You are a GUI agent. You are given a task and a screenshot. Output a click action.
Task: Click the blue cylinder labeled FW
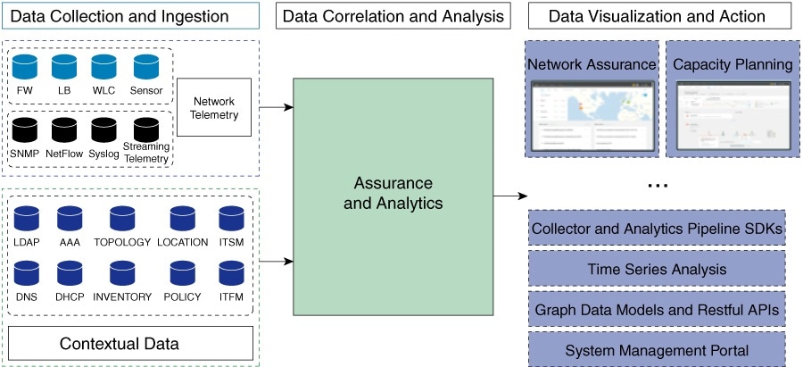25,68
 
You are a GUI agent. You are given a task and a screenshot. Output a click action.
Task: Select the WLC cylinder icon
104,68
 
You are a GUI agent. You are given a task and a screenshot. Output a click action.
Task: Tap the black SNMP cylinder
24,130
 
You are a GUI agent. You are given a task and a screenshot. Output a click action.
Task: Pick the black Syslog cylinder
104,130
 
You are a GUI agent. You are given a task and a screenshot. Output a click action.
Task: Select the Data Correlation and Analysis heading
393,16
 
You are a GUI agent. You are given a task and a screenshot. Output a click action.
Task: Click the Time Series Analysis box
657,269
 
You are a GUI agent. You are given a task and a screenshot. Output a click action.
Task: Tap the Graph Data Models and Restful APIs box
657,309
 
